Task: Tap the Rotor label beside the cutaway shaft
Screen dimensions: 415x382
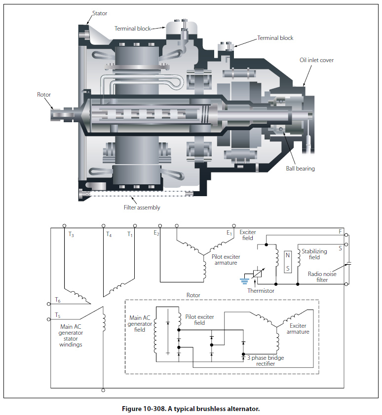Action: [43, 95]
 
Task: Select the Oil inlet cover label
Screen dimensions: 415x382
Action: [316, 60]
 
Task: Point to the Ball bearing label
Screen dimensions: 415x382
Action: [300, 169]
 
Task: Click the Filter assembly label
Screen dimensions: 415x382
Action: [142, 207]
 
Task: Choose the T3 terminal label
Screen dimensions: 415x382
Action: [72, 235]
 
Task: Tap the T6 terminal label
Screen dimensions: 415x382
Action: [58, 300]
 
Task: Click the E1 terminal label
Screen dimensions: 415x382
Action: [229, 233]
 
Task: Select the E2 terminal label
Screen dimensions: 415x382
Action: [156, 233]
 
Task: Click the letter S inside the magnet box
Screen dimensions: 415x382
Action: [288, 269]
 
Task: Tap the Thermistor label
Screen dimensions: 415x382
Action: [261, 291]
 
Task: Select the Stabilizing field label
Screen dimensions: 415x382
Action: [314, 254]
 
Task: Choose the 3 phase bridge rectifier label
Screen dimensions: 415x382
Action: [267, 361]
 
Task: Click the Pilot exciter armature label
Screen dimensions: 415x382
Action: [226, 260]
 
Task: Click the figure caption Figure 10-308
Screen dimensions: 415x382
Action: [191, 409]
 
